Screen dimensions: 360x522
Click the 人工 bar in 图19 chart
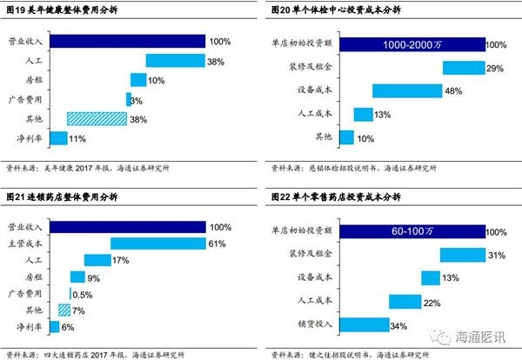(x=175, y=61)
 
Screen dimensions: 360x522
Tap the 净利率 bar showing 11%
(x=58, y=137)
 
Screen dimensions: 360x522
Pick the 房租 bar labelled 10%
(x=137, y=80)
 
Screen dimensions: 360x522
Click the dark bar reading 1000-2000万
(x=411, y=44)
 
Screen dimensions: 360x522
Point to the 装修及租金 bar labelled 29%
(x=463, y=68)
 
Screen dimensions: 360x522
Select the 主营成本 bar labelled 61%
(x=157, y=243)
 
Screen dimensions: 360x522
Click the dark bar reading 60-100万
(x=411, y=232)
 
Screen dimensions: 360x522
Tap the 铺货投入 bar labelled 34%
(x=365, y=325)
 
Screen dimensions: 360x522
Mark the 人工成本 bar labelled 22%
(x=405, y=302)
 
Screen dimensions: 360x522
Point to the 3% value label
(x=137, y=100)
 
